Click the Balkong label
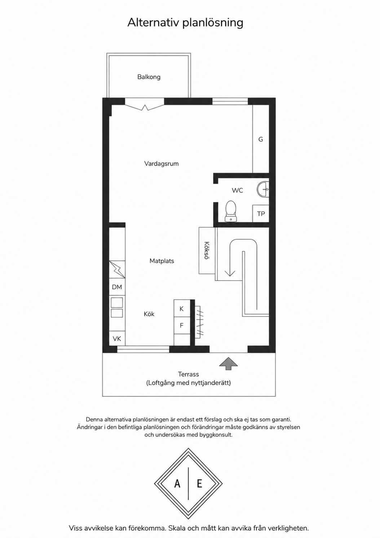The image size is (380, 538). [149, 77]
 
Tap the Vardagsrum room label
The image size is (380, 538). [161, 164]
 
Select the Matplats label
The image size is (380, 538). [162, 261]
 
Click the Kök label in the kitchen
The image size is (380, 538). [149, 314]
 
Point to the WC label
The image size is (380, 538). [237, 190]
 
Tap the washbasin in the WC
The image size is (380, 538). [263, 189]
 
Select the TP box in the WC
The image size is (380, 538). [261, 213]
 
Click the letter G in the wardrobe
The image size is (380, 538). [261, 139]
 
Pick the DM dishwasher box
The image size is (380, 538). [117, 287]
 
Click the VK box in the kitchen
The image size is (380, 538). [117, 338]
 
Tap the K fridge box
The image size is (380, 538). [182, 308]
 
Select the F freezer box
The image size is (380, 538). [182, 326]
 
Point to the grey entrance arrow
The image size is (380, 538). [229, 363]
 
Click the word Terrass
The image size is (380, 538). [189, 374]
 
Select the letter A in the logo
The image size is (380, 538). [177, 484]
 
